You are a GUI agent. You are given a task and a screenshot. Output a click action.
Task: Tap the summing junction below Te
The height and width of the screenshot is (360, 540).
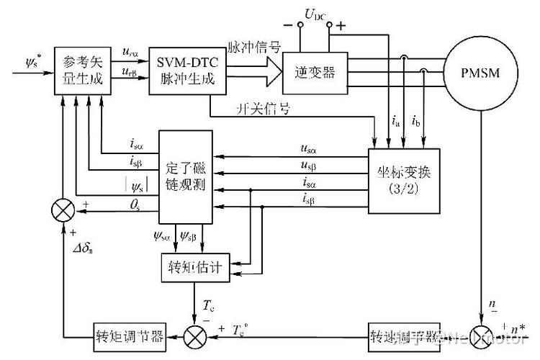(195, 336)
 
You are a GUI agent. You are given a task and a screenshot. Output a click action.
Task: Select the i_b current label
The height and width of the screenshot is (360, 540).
(417, 122)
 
